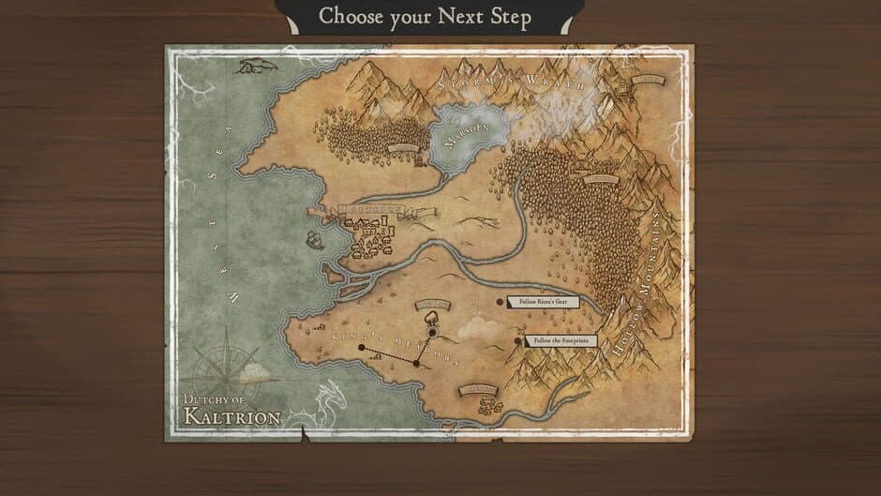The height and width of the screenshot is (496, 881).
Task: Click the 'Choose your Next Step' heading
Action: point(425,16)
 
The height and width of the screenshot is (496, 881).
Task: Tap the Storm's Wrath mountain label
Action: point(511,86)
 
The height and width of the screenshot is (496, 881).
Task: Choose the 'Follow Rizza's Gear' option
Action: point(542,302)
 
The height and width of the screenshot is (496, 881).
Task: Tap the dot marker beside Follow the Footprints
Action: point(519,342)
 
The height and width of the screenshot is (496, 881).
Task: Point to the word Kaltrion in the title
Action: point(231,414)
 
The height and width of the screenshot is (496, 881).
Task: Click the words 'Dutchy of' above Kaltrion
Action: point(213,397)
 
